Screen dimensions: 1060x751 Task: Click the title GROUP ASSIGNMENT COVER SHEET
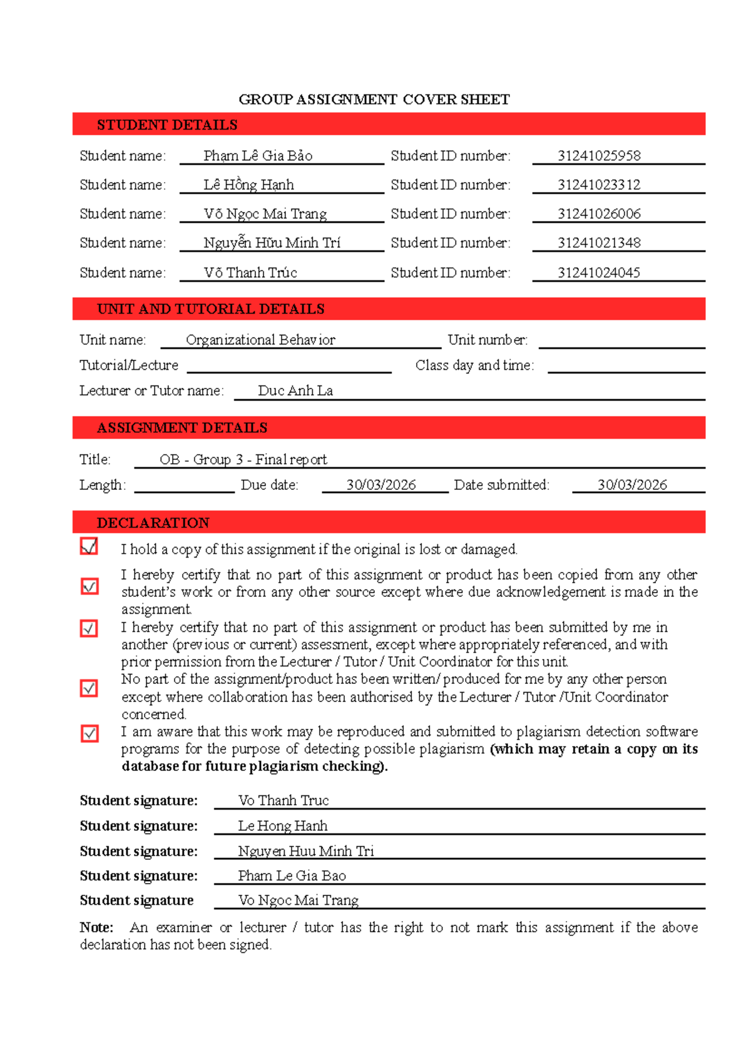374,99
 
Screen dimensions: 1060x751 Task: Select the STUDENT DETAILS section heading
167,125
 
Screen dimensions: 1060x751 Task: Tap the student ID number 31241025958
599,156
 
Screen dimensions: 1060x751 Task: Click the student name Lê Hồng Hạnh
248,185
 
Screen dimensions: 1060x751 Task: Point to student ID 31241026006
599,214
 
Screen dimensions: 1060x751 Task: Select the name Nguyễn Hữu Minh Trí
272,243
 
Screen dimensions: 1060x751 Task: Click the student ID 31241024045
599,273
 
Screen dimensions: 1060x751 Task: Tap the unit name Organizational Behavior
260,340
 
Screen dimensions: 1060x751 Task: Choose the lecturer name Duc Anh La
295,391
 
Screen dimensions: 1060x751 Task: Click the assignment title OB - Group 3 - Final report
243,460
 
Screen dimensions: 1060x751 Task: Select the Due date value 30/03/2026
381,485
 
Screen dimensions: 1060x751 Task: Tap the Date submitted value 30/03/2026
632,485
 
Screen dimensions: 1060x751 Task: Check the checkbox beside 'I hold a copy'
89,546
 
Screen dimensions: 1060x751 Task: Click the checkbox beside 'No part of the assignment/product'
89,688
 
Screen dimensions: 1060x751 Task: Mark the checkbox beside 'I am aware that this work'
89,733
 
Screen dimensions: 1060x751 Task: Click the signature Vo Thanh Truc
283,801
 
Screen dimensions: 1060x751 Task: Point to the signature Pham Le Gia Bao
292,876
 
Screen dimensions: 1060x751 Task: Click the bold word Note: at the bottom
96,927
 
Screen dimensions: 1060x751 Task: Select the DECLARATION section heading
153,522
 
